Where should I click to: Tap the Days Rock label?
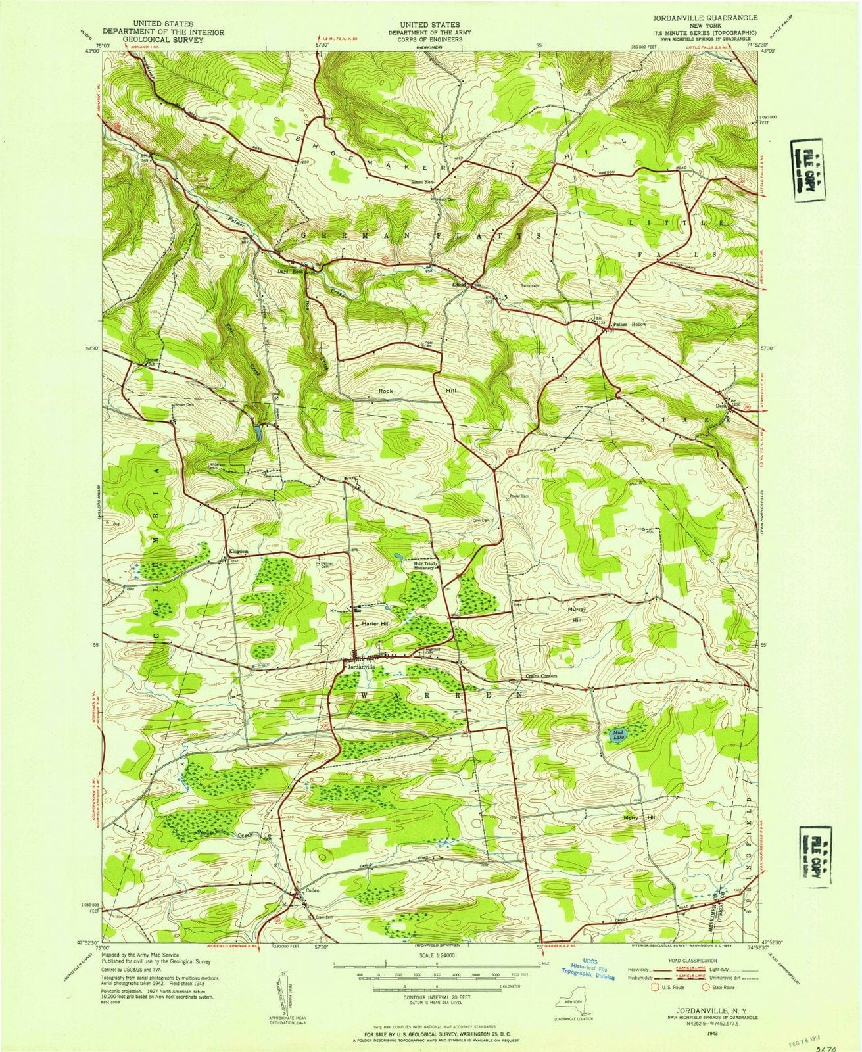[x=290, y=271]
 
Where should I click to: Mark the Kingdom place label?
[x=237, y=551]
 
